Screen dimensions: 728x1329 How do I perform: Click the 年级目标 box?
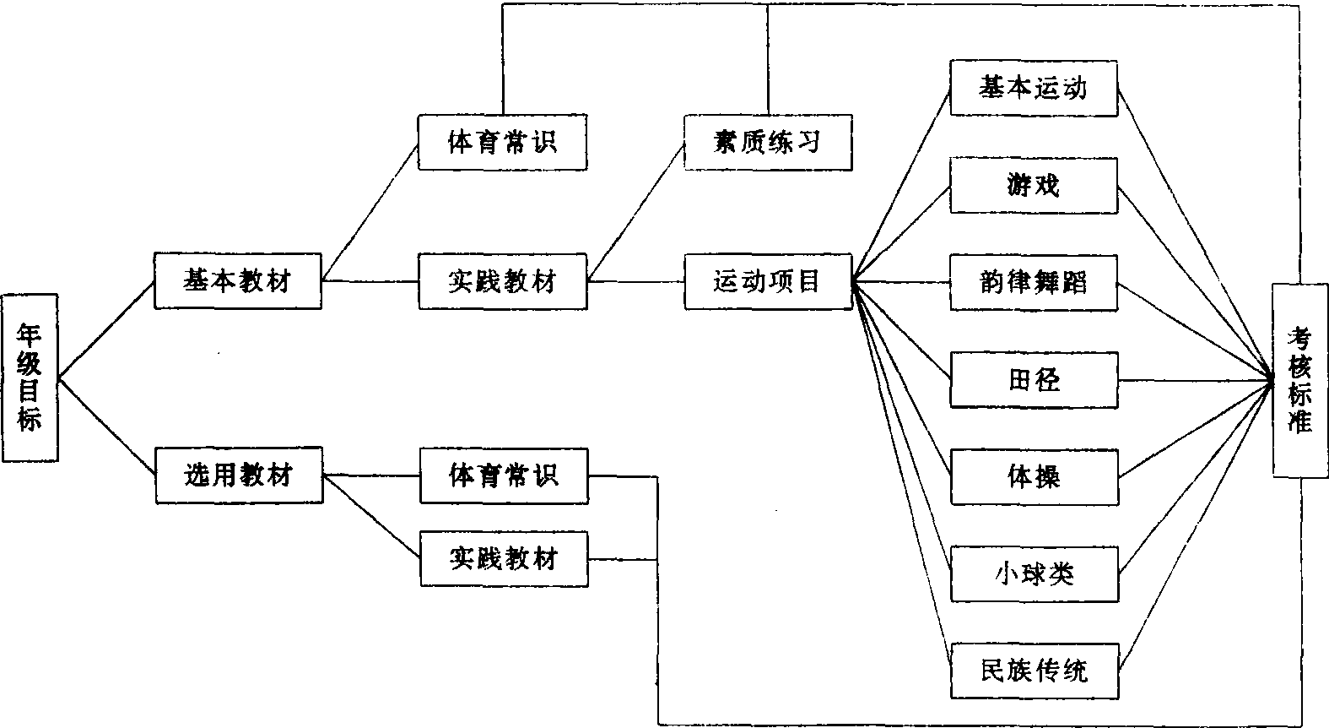(30, 378)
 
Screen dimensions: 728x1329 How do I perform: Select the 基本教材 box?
(238, 280)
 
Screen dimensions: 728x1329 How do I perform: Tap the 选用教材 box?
(238, 475)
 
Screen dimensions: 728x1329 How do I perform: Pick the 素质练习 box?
(767, 141)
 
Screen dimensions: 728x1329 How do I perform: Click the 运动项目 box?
(767, 281)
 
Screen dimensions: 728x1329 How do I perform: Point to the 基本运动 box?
(1034, 88)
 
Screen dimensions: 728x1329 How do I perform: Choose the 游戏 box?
(1034, 185)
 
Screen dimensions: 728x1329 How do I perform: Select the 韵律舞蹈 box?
(1034, 282)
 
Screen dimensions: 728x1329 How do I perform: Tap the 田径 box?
(1034, 379)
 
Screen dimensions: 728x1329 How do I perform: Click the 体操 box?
(1034, 477)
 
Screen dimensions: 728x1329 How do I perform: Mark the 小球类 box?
(1034, 574)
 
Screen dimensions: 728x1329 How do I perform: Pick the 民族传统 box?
(1034, 671)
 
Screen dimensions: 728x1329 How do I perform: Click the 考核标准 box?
(1300, 380)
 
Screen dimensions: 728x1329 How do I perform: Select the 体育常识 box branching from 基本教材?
(503, 141)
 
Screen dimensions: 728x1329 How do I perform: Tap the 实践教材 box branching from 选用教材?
(504, 558)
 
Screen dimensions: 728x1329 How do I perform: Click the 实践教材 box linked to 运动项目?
(503, 281)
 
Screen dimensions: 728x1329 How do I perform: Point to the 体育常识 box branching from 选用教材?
(504, 475)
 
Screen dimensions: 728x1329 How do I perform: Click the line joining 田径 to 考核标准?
(1194, 380)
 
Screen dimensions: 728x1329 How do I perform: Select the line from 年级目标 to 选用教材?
(106, 426)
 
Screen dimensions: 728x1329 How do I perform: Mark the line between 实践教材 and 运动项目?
(635, 281)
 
